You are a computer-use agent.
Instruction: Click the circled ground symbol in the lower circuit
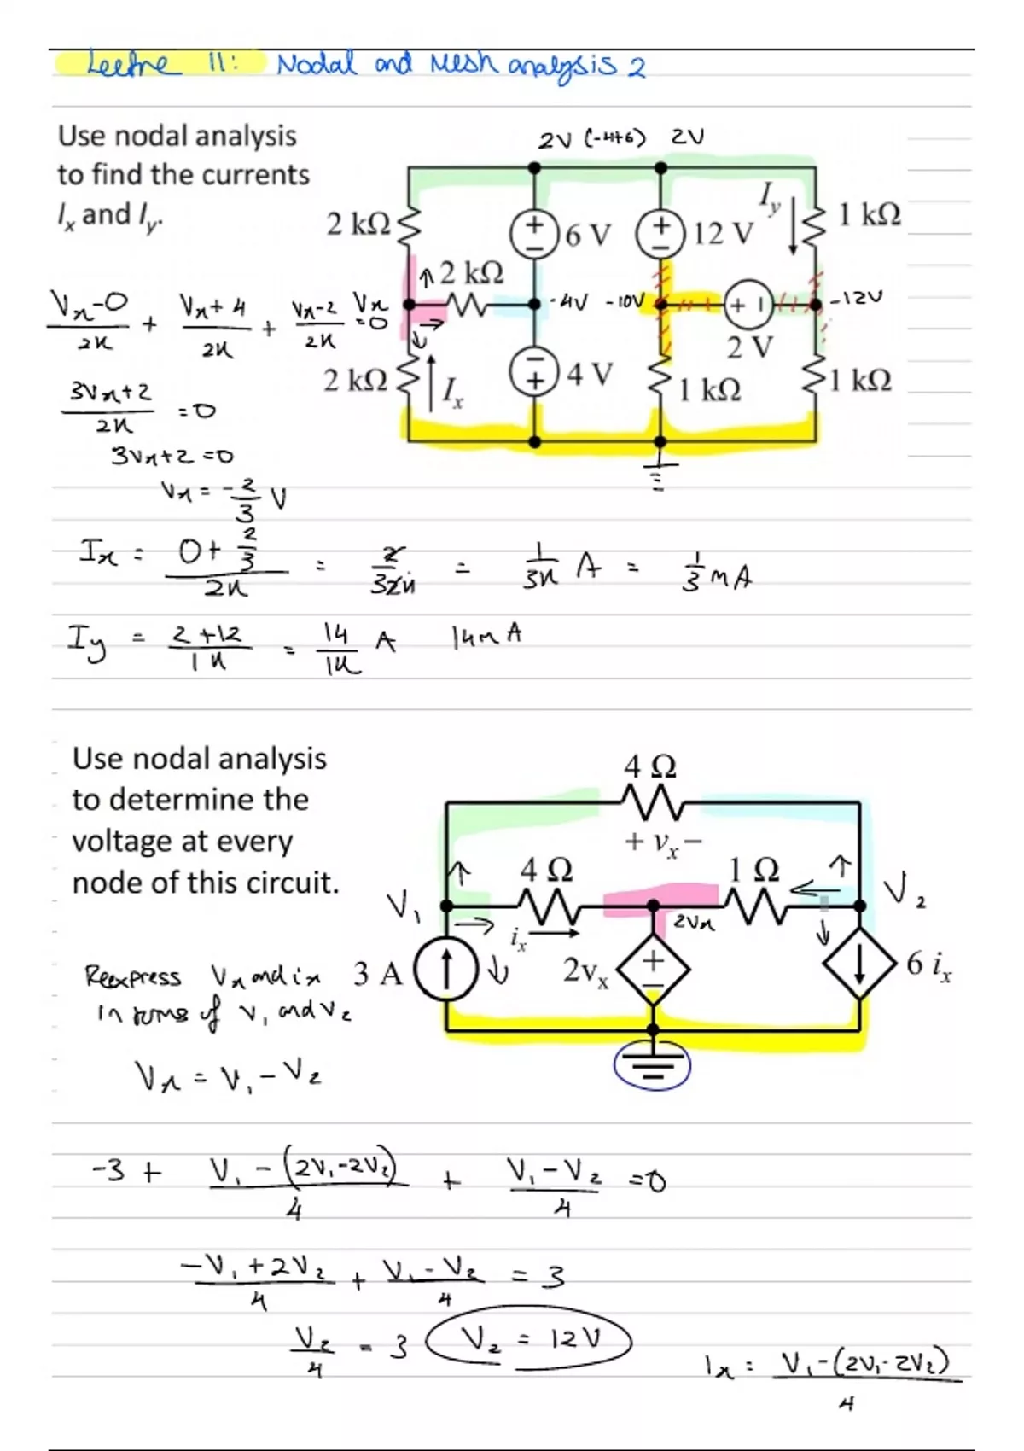click(653, 1065)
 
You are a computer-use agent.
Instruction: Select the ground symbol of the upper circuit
click(658, 474)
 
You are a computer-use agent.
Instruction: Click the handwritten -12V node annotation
click(856, 298)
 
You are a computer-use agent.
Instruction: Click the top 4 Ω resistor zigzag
click(653, 802)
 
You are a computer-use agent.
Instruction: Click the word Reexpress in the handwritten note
click(133, 976)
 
